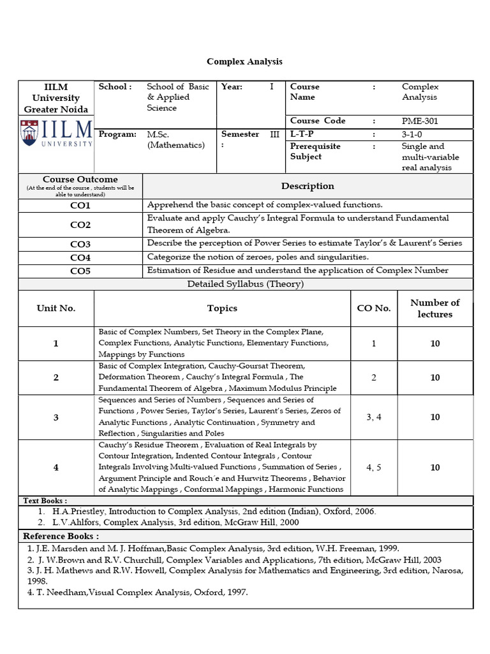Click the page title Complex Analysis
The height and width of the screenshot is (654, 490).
coord(244,62)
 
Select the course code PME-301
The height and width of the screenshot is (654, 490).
coord(420,121)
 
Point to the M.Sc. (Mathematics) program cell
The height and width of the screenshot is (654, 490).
coord(175,140)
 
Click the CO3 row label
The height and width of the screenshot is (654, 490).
coord(80,245)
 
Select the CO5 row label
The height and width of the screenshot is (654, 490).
coord(80,271)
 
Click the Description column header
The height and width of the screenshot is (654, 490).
coord(308,186)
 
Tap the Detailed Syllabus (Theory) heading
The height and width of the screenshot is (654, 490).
coord(246,284)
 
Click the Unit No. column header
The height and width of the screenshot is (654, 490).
coord(56,308)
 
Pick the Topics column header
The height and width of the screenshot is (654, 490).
coord(222,308)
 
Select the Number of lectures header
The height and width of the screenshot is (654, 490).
coord(434,308)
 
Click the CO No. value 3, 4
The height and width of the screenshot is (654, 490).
coord(374,417)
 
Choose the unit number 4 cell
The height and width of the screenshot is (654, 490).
coord(56,468)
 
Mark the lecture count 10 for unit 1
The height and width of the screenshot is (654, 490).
coord(434,344)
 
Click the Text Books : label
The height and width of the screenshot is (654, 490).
coord(45,501)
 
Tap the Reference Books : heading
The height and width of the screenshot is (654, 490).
coord(61,536)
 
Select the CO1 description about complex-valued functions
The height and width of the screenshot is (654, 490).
coord(265,205)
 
